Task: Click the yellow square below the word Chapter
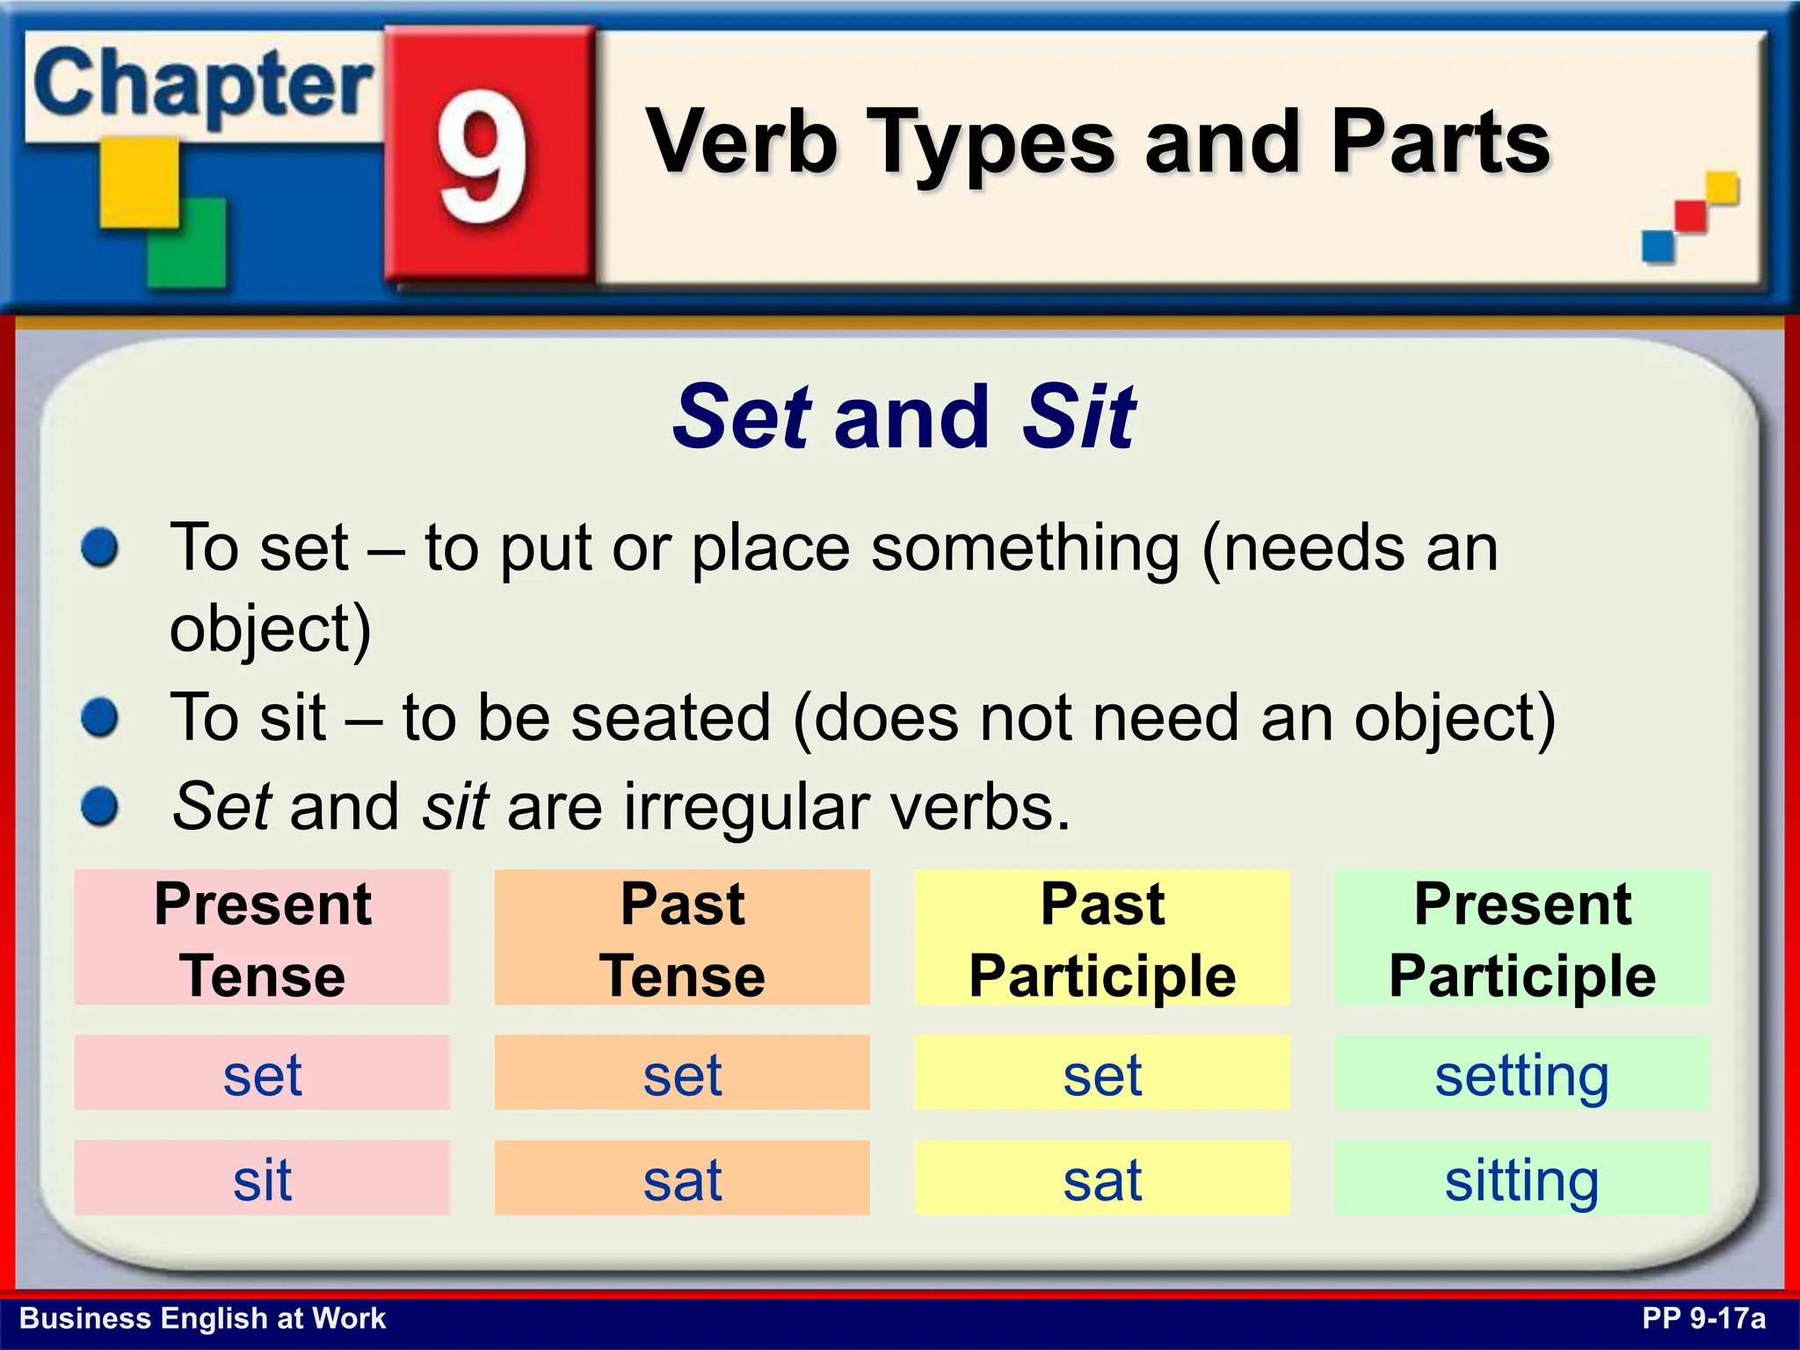tap(138, 183)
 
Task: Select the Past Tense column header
tap(682, 938)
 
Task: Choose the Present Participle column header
tap(1522, 938)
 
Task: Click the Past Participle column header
tap(1102, 938)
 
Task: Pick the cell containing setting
tap(1522, 1073)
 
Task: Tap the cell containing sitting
tap(1522, 1179)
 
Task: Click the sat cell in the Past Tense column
tap(682, 1179)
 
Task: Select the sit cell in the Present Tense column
tap(262, 1179)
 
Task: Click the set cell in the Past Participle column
tap(1102, 1073)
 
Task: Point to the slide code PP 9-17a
tap(1703, 1318)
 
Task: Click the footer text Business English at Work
tap(202, 1318)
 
